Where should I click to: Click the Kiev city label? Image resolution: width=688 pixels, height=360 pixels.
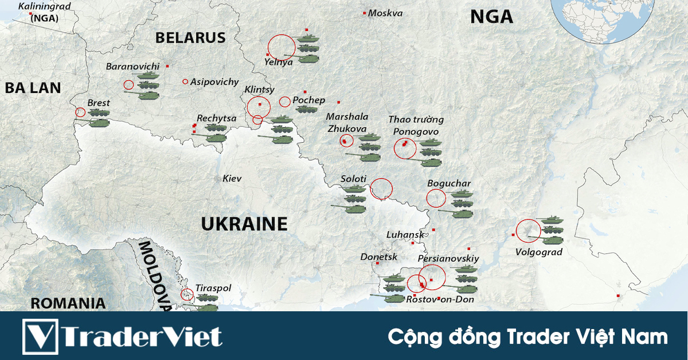232,179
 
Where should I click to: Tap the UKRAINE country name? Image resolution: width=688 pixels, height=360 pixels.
244,224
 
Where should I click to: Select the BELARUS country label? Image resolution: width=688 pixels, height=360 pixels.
190,38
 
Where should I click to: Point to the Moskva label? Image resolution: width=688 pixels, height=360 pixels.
385,13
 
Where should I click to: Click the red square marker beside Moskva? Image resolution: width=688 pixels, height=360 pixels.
364,13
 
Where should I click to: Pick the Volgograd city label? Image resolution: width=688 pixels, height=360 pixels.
538,252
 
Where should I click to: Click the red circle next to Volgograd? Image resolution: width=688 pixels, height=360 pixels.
528,231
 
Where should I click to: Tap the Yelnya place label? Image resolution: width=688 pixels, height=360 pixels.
279,62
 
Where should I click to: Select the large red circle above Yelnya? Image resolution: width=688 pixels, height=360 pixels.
282,46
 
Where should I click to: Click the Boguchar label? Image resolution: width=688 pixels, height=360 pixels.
449,183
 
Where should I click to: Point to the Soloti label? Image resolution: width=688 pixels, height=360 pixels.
353,179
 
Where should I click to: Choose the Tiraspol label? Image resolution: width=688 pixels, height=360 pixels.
213,288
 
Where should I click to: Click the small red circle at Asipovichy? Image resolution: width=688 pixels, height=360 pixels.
185,81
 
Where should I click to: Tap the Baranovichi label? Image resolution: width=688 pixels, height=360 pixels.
132,66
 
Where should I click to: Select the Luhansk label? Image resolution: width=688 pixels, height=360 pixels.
405,234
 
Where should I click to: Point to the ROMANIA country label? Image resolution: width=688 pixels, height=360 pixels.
68,303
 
